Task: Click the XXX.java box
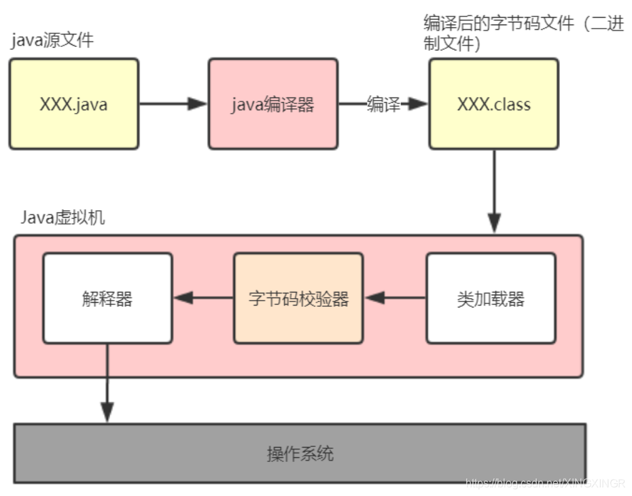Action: [73, 104]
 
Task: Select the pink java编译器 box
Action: [273, 104]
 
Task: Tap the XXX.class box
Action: [493, 104]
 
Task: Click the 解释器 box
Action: [107, 298]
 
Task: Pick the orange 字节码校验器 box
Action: [298, 298]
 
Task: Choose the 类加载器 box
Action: [491, 298]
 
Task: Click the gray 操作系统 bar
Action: [300, 453]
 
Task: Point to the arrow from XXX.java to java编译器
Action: [173, 104]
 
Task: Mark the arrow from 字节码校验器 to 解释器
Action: [204, 298]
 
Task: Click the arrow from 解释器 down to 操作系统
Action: [107, 381]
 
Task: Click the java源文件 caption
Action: [52, 40]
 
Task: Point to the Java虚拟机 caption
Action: [63, 218]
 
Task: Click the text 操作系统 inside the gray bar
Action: [300, 453]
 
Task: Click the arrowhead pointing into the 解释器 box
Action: [181, 298]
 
